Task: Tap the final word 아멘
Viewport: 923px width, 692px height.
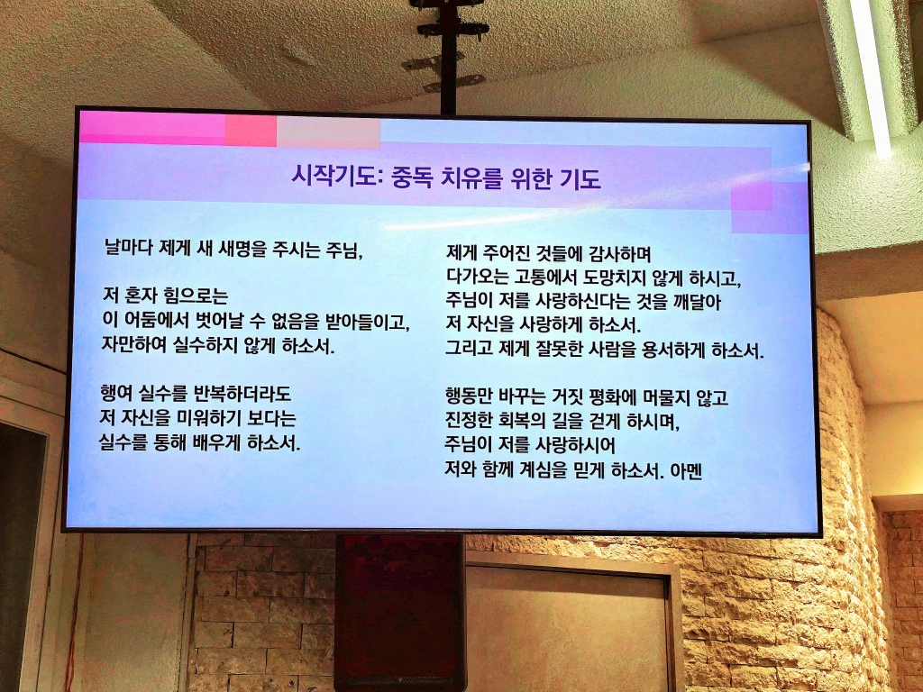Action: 686,471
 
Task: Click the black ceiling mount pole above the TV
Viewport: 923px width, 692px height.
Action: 449,57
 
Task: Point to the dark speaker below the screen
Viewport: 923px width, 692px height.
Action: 399,613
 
